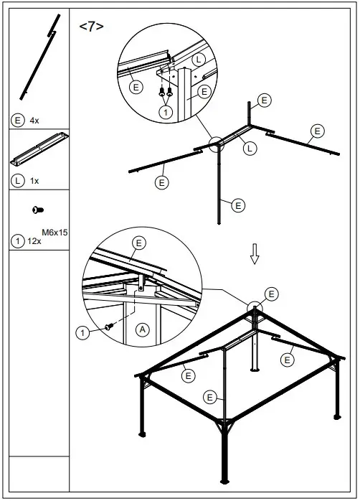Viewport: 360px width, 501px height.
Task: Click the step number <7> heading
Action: click(x=91, y=27)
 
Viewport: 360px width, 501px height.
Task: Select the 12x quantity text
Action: click(x=34, y=242)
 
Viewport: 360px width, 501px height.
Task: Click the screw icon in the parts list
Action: click(x=38, y=209)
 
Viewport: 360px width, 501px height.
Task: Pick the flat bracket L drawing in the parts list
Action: click(x=39, y=151)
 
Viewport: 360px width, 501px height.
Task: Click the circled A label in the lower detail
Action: click(x=143, y=329)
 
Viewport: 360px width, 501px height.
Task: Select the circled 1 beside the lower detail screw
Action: click(x=84, y=332)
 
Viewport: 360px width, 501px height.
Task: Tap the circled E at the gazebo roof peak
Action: click(x=270, y=294)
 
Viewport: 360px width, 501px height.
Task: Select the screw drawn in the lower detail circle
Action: click(x=109, y=327)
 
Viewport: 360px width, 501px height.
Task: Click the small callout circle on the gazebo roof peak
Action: click(x=255, y=309)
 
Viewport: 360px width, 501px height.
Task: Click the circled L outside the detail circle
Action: click(x=249, y=149)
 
